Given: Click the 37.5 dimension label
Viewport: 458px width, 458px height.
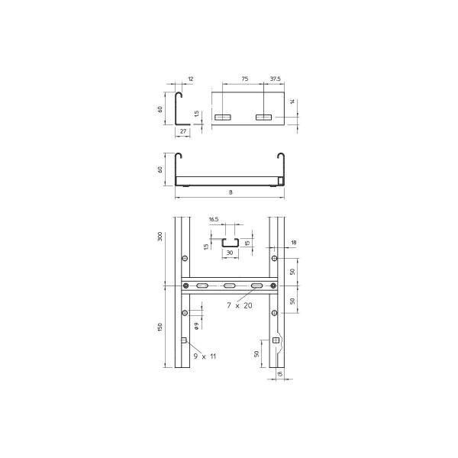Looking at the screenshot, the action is (275, 79).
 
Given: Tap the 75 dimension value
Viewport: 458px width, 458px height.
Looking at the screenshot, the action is (245, 79).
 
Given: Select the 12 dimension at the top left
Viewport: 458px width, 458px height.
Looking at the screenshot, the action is (191, 79).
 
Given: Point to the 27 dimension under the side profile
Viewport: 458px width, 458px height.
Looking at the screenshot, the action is (183, 131).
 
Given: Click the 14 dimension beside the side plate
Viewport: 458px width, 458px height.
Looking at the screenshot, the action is (292, 102).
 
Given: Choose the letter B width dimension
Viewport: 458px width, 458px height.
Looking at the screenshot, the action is (231, 192).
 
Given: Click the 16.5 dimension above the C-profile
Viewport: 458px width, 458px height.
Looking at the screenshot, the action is (214, 219).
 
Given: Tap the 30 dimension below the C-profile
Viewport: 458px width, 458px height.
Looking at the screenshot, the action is (230, 253).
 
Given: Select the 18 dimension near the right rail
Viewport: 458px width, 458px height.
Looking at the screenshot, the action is (294, 243).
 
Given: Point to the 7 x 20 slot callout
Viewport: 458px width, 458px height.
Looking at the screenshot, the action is (240, 305).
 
